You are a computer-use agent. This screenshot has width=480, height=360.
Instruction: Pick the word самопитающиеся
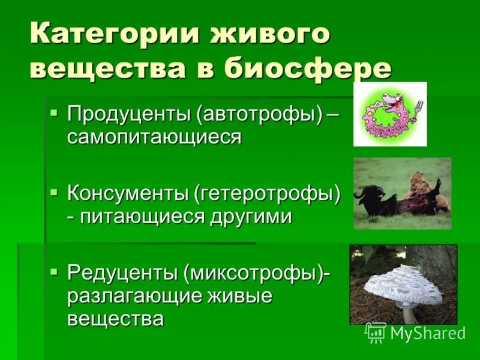pyautogui.click(x=154, y=137)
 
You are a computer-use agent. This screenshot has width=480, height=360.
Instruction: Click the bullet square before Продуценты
pyautogui.click(x=55, y=112)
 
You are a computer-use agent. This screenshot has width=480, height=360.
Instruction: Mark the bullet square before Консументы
pyautogui.click(x=55, y=191)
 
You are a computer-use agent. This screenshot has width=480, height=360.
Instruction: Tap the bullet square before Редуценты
pyautogui.click(x=55, y=272)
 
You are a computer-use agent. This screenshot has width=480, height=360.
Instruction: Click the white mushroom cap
pyautogui.click(x=406, y=282)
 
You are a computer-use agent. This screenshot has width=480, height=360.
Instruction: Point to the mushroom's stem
pyautogui.click(x=410, y=313)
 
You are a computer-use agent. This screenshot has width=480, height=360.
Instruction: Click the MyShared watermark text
pyautogui.click(x=427, y=332)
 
